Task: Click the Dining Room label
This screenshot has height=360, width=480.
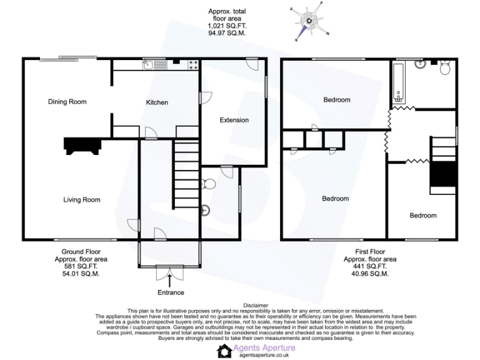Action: click(67, 102)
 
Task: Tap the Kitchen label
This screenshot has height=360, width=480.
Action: click(157, 102)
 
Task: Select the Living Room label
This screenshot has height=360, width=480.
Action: click(81, 200)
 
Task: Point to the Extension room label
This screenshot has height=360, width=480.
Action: click(234, 120)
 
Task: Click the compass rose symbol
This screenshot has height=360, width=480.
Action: click(308, 20)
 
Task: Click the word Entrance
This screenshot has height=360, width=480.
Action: click(171, 292)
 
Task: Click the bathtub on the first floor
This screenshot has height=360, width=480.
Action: click(398, 81)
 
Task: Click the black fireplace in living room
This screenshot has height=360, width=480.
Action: click(82, 146)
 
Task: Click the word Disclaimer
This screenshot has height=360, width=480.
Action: click(240, 305)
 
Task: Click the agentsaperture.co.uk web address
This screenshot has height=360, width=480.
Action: click(264, 355)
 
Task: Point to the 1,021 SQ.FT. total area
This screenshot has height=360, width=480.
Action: click(226, 26)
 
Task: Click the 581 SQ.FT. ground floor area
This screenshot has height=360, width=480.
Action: click(77, 266)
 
